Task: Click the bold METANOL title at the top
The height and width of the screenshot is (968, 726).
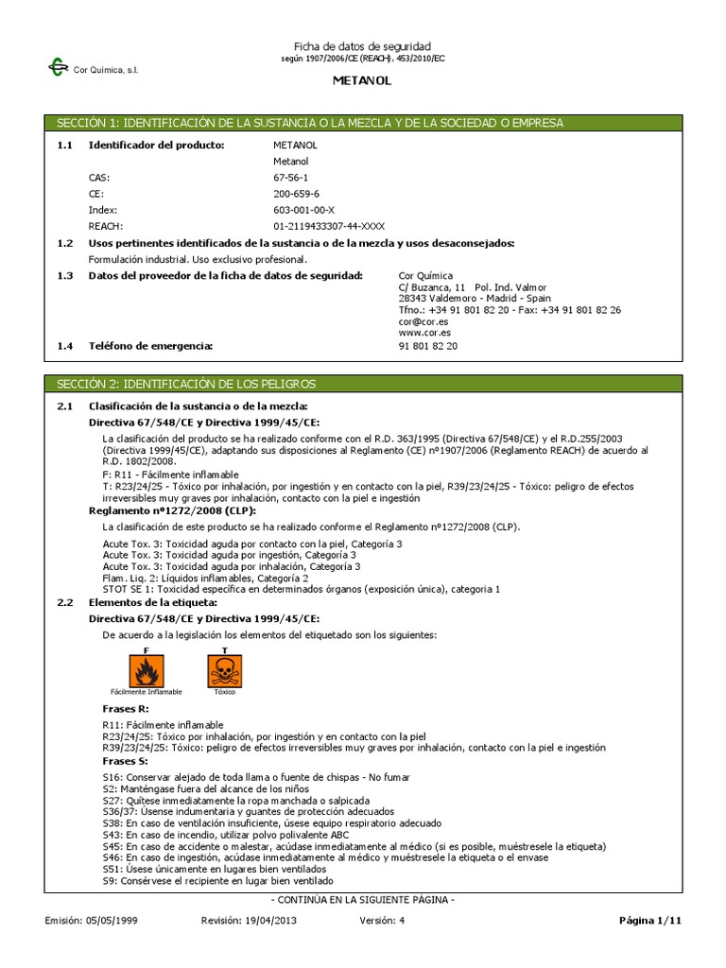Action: [x=362, y=81]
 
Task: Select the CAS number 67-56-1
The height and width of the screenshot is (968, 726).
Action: [x=290, y=177]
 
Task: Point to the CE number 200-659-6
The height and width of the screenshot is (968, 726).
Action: [x=295, y=193]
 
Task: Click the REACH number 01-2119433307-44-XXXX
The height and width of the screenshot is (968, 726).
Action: [x=329, y=226]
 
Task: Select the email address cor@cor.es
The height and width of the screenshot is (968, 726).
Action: [x=423, y=321]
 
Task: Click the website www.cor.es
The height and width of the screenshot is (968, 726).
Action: [x=423, y=333]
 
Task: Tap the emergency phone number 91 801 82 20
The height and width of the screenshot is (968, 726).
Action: [x=428, y=346]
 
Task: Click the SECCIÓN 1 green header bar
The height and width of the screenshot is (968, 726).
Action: [x=362, y=123]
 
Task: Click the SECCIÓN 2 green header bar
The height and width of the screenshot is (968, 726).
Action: [x=362, y=384]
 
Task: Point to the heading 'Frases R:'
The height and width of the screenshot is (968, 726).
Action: [x=125, y=708]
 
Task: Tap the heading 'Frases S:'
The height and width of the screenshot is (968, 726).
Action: [x=125, y=760]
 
